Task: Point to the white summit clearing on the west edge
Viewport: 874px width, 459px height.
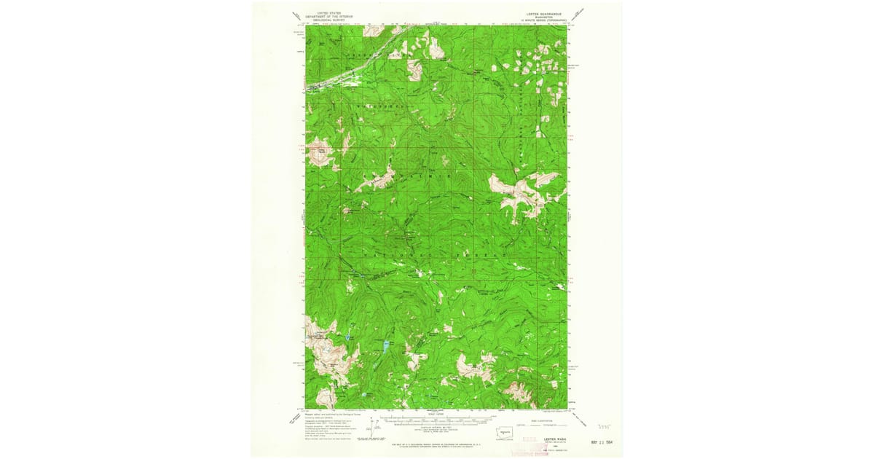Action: click(320, 153)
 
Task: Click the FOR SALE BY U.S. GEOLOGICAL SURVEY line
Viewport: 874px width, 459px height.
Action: click(436, 443)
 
